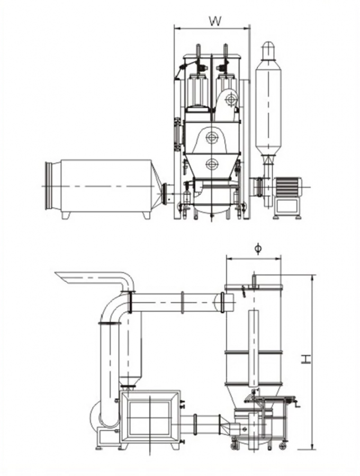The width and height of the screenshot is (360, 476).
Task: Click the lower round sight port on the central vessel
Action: coord(212,163)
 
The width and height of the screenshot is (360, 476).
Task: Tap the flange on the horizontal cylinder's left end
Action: coord(49,186)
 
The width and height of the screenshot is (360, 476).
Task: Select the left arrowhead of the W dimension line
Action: coord(177,28)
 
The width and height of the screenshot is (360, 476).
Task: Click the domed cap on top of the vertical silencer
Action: coord(268,49)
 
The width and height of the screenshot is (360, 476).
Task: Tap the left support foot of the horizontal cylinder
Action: coord(66,215)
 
